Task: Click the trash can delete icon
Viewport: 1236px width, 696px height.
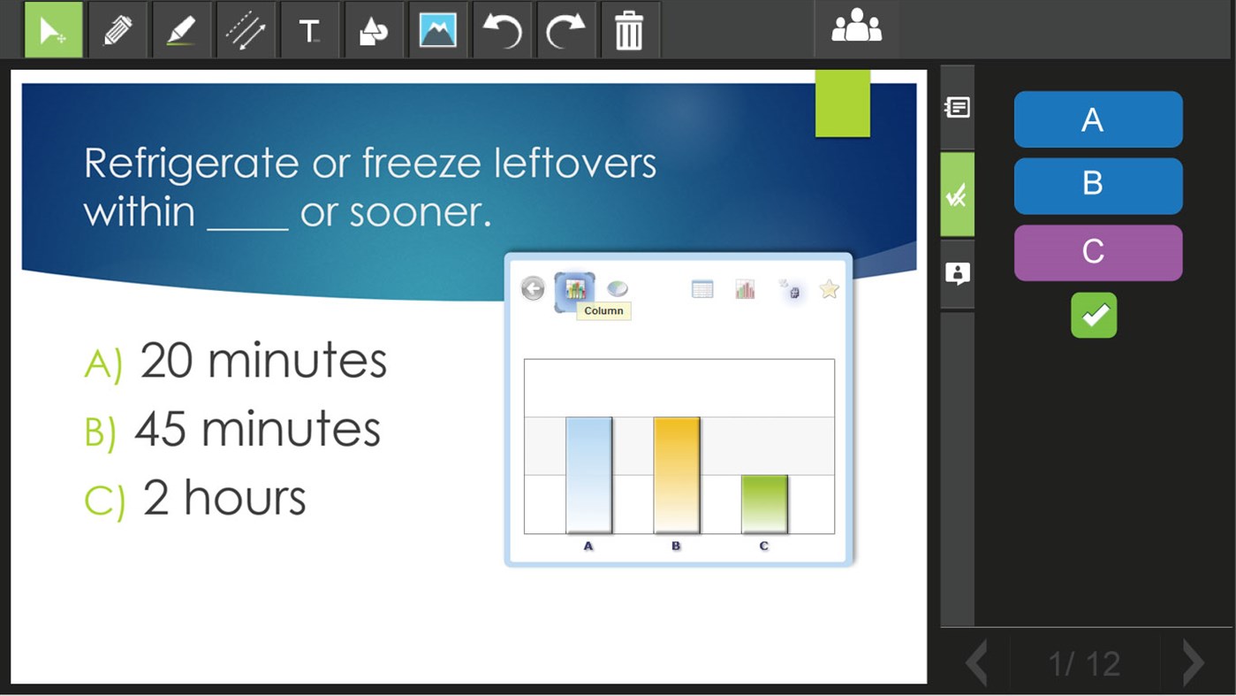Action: tap(628, 31)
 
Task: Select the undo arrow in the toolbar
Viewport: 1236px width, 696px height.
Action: tap(501, 31)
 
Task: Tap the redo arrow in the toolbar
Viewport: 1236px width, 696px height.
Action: tap(565, 31)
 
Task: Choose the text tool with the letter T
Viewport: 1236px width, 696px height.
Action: tap(309, 31)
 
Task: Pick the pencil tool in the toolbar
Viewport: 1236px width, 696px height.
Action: tap(118, 31)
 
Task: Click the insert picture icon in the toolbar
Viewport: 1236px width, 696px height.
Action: tap(437, 31)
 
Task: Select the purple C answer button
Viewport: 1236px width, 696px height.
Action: tap(1097, 253)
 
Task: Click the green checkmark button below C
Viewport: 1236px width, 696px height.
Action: tap(1094, 316)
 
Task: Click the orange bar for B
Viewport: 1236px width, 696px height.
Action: tap(676, 475)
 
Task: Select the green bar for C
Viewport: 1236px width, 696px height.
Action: tap(764, 504)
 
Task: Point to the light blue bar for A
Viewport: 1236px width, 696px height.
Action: tap(588, 475)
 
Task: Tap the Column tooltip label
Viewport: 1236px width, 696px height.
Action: tap(603, 311)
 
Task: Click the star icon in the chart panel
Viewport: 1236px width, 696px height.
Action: tap(829, 289)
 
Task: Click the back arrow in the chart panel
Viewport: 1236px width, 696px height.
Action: tap(533, 288)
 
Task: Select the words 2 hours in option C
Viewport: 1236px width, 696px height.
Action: tap(224, 498)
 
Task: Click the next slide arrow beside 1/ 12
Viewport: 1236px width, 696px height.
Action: tap(1193, 662)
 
